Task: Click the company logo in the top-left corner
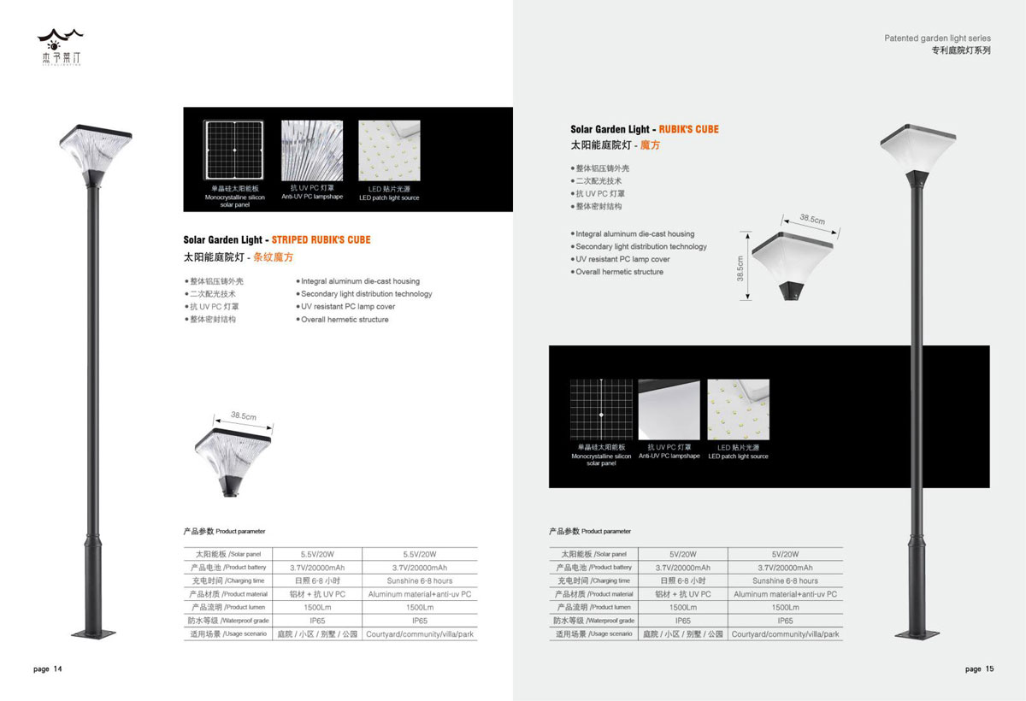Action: tap(60, 47)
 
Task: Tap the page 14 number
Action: tap(48, 669)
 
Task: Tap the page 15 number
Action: tap(979, 669)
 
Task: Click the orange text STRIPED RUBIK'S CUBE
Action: tap(321, 240)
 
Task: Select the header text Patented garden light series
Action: tap(937, 38)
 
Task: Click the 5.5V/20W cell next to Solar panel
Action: tap(319, 554)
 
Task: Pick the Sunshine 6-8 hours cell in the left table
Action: tap(419, 580)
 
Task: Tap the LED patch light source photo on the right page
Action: tap(738, 409)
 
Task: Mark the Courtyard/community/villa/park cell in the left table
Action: tap(419, 634)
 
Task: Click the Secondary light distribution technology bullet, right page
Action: tap(641, 246)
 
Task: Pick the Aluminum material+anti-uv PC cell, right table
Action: tap(785, 594)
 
